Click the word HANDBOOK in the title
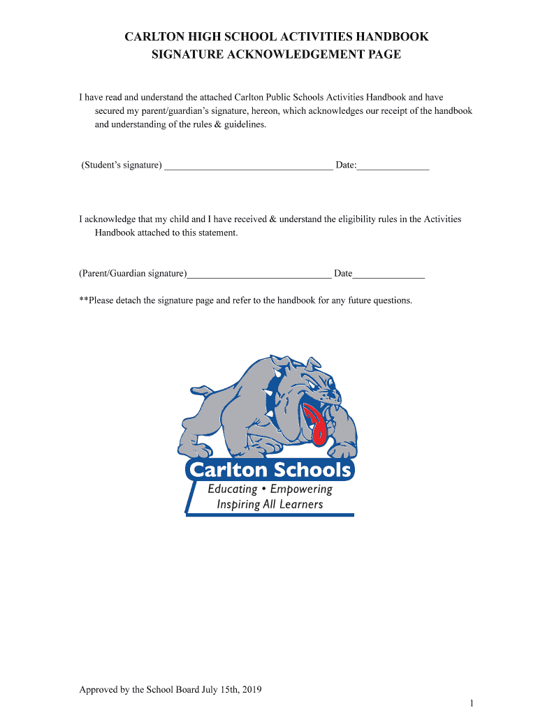(x=393, y=37)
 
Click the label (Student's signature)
(x=122, y=165)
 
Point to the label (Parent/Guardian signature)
(x=133, y=274)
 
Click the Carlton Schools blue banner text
(x=269, y=470)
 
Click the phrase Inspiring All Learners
(x=270, y=504)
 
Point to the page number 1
(x=472, y=702)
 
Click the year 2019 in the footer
(x=249, y=690)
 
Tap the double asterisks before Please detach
(x=83, y=300)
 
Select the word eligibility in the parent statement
(x=361, y=219)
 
